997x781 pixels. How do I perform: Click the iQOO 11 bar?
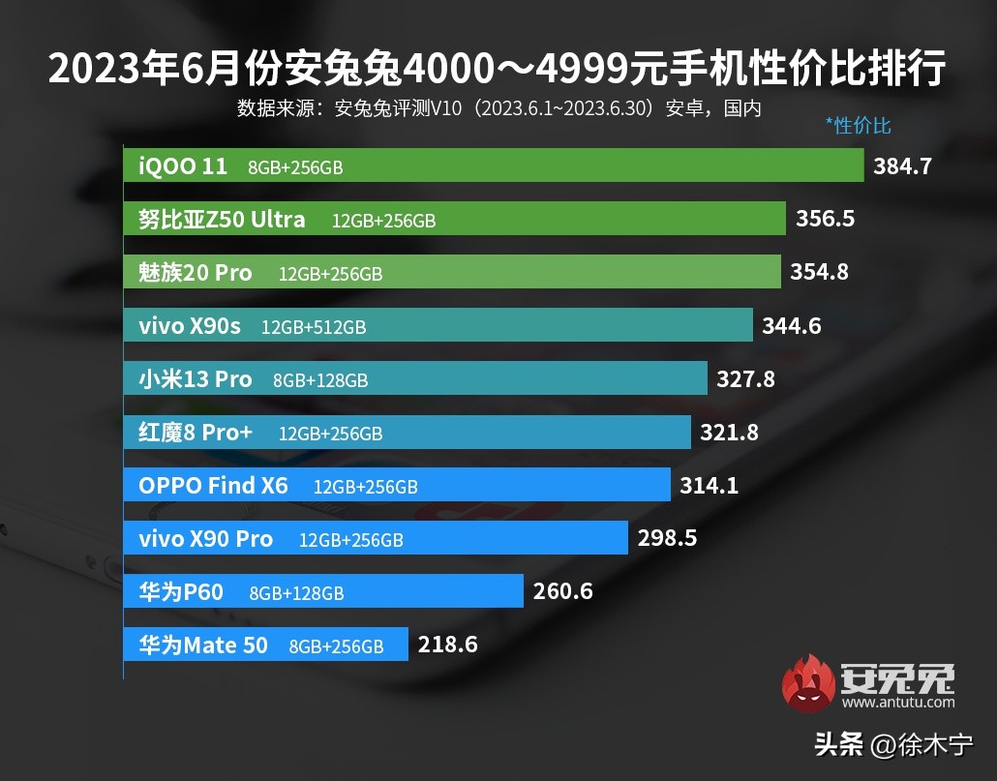[494, 165]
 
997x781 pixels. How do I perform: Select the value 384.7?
[902, 166]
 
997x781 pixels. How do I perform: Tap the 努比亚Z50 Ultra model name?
[222, 220]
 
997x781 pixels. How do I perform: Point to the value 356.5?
[825, 220]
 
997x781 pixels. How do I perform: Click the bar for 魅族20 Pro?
[452, 272]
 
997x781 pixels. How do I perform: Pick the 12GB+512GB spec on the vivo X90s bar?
[314, 327]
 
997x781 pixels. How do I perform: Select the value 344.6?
[791, 326]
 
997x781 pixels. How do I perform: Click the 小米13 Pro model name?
[196, 379]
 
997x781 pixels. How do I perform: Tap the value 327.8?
[745, 379]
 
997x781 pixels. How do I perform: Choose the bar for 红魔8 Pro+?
[408, 433]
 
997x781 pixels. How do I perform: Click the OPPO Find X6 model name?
[214, 486]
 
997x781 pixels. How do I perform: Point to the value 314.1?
[709, 486]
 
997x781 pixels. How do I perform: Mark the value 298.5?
[667, 538]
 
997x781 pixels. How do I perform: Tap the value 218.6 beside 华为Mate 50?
[447, 645]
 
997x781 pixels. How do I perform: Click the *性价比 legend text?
[858, 126]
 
